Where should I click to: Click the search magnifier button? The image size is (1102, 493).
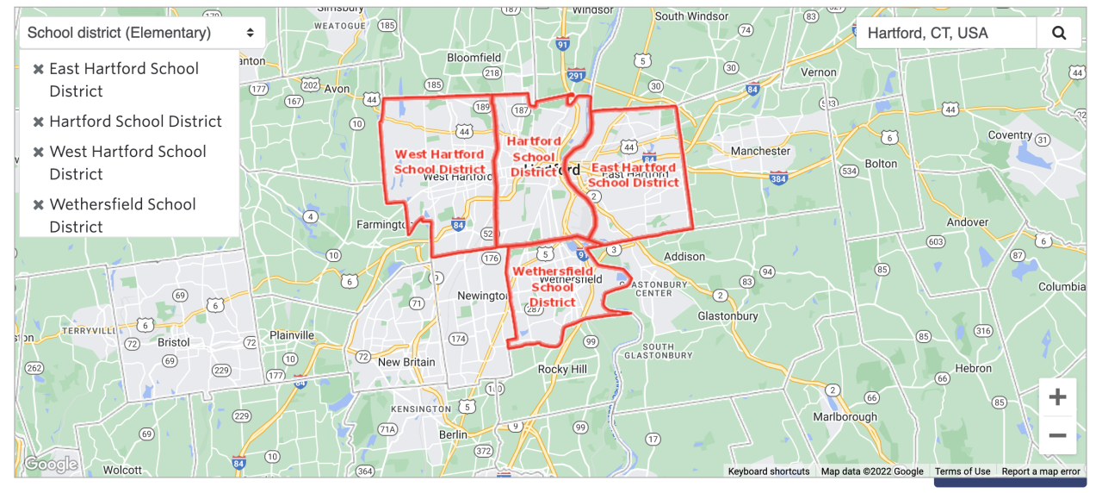[x=1059, y=34]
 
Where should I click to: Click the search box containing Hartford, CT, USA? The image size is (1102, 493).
[x=945, y=34]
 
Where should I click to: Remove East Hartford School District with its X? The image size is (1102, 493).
[x=38, y=69]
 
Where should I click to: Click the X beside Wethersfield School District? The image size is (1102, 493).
[x=38, y=205]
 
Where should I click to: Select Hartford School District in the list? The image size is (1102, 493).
[x=135, y=122]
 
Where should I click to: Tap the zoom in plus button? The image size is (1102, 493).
[x=1057, y=397]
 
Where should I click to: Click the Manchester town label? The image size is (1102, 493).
[x=760, y=151]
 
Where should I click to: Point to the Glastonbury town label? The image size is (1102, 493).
[x=728, y=315]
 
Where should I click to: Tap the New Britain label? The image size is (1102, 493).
[x=407, y=362]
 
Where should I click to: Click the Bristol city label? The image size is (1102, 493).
[x=173, y=341]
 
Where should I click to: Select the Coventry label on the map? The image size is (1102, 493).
[x=1010, y=135]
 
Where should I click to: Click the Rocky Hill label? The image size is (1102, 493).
[x=562, y=369]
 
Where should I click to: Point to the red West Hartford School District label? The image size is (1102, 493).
[x=439, y=162]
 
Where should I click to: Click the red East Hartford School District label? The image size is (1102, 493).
[x=634, y=175]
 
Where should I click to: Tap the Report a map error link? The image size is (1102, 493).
[x=1040, y=471]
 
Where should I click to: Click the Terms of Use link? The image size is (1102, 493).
[x=963, y=471]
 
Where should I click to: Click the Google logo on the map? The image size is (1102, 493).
[x=51, y=465]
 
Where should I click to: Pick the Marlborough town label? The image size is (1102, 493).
[x=845, y=416]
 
